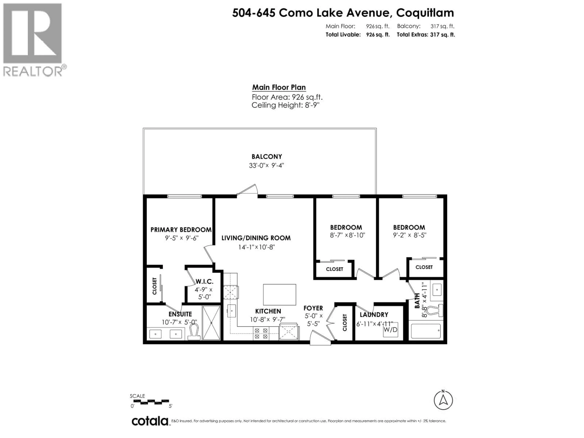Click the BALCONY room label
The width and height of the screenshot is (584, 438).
[x=267, y=156]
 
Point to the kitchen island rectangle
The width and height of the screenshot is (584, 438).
[x=279, y=295]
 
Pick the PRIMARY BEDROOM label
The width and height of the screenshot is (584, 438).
[x=181, y=230]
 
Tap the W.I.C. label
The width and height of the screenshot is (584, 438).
[x=205, y=282]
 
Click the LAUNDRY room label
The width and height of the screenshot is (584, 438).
[x=374, y=315]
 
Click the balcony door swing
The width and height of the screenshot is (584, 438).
[x=247, y=190]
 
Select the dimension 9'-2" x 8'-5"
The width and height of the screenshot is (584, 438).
[x=410, y=235]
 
